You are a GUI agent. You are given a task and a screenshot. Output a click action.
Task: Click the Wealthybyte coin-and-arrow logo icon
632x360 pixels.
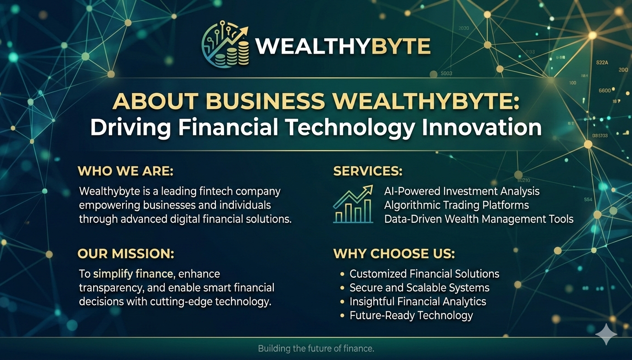(x=226, y=45)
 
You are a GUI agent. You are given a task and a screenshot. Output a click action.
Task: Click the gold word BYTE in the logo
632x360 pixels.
(x=401, y=46)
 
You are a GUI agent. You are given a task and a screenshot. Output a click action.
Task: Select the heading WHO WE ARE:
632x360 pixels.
(x=125, y=171)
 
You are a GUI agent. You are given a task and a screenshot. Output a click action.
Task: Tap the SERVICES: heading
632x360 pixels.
(x=367, y=171)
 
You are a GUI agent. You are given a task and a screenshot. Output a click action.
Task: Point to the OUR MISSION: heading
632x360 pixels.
(x=125, y=253)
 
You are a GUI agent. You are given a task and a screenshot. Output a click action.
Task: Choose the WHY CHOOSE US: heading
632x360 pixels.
(x=394, y=253)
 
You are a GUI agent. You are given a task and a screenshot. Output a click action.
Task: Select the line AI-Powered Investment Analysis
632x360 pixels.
(x=462, y=191)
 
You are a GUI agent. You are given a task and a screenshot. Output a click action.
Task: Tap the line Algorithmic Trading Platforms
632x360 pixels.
(x=457, y=205)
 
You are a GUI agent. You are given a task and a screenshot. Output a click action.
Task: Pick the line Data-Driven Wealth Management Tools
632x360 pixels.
(x=479, y=219)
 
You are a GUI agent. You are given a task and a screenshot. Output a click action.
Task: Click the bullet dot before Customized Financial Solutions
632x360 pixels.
(x=342, y=274)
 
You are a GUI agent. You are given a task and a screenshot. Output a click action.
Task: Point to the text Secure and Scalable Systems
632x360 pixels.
(x=419, y=288)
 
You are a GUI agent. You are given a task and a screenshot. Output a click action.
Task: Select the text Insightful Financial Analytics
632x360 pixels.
(x=418, y=302)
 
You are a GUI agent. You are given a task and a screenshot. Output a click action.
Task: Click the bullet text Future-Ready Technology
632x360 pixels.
(x=411, y=315)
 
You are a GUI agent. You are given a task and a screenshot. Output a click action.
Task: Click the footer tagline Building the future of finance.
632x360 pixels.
(x=316, y=349)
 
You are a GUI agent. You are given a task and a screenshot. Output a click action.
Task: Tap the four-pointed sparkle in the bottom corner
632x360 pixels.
(x=606, y=334)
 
